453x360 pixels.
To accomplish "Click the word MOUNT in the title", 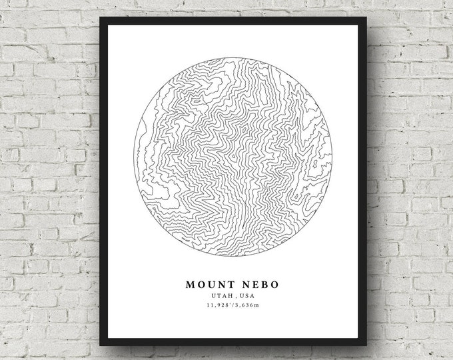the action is point(207,284).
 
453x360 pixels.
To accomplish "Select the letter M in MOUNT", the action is point(191,284).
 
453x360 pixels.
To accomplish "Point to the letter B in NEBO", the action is point(264,284).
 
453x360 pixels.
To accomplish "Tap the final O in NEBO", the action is point(274,284).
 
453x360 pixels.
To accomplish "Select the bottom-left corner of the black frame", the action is point(101,344).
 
